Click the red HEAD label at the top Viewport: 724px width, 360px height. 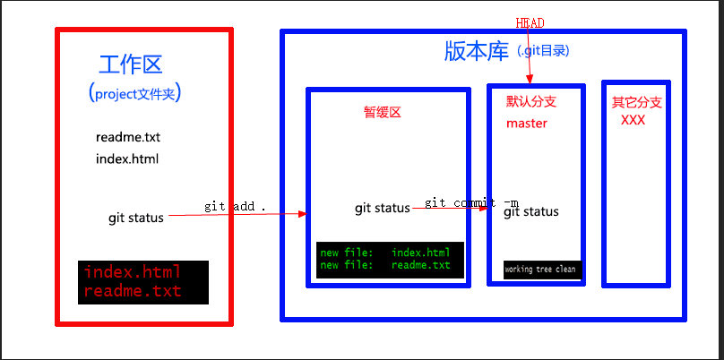[530, 22]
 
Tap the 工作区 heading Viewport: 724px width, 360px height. [131, 64]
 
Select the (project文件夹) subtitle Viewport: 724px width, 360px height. [142, 93]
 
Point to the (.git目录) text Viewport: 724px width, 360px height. [544, 51]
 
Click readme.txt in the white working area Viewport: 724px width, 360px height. [127, 138]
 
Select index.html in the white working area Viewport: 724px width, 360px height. [127, 159]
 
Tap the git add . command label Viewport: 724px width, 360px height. [236, 206]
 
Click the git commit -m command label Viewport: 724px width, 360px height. [471, 202]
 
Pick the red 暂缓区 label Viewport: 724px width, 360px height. [382, 113]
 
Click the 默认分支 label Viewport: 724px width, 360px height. [531, 103]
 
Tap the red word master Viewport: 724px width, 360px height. [527, 124]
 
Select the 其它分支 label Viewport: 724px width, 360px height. [637, 103]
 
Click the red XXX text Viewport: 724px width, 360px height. [633, 120]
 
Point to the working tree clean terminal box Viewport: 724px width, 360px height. [541, 269]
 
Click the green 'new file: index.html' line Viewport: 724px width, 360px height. [385, 253]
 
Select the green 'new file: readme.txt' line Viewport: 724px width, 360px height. [385, 265]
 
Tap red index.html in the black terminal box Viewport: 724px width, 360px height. [133, 272]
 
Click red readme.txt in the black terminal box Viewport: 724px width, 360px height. [133, 291]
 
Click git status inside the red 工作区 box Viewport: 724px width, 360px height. [136, 218]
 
